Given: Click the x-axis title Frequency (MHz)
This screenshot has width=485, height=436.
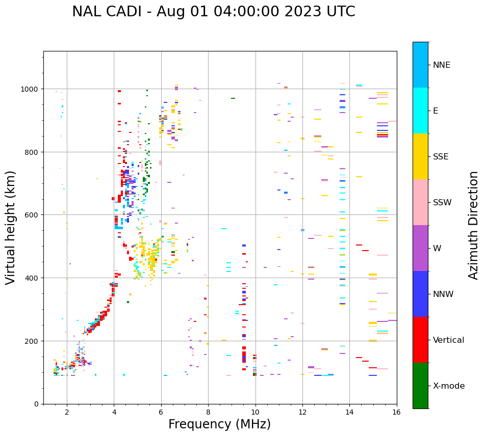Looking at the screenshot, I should tap(219, 424).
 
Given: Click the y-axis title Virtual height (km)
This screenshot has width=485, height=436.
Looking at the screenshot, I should tap(11, 227).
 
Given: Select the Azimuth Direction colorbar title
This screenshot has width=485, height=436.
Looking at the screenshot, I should tap(474, 225).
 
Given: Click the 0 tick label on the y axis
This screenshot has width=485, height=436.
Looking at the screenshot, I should tap(36, 404).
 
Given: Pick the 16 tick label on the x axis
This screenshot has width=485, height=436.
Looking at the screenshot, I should tap(397, 413).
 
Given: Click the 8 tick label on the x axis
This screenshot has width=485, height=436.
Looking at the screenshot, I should tap(208, 413).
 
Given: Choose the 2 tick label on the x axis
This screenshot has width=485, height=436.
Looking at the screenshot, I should tap(67, 413).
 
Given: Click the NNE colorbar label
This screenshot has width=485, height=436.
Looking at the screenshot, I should tap(442, 65).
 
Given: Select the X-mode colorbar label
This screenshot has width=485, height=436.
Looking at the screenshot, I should tap(449, 386).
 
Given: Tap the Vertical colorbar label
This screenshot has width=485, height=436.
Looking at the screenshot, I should tap(448, 340).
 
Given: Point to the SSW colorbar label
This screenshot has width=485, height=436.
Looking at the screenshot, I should tap(442, 203).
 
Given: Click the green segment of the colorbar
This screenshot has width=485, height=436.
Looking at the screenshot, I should tap(420, 386).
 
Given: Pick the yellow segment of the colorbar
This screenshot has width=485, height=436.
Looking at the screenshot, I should tap(420, 156).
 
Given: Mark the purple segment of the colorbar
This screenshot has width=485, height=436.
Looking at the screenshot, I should tap(420, 248).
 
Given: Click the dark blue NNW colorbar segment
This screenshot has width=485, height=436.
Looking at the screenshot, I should tap(420, 294).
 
